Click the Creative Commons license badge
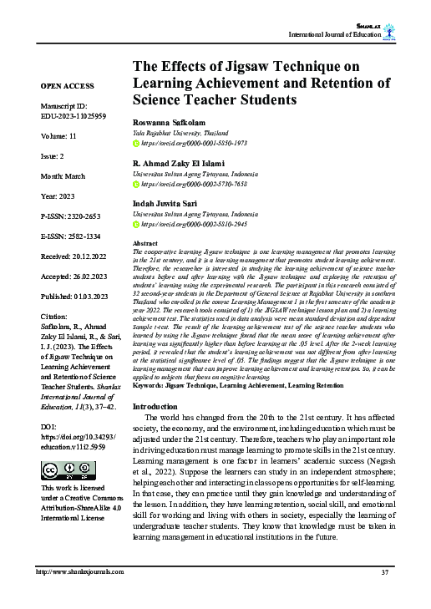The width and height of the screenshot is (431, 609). (x=60, y=469)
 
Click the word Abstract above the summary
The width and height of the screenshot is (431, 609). (x=145, y=243)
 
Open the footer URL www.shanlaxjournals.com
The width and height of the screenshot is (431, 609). (x=79, y=571)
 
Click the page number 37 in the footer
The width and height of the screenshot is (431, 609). (x=385, y=571)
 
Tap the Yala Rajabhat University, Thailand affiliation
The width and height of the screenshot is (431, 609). (x=182, y=132)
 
